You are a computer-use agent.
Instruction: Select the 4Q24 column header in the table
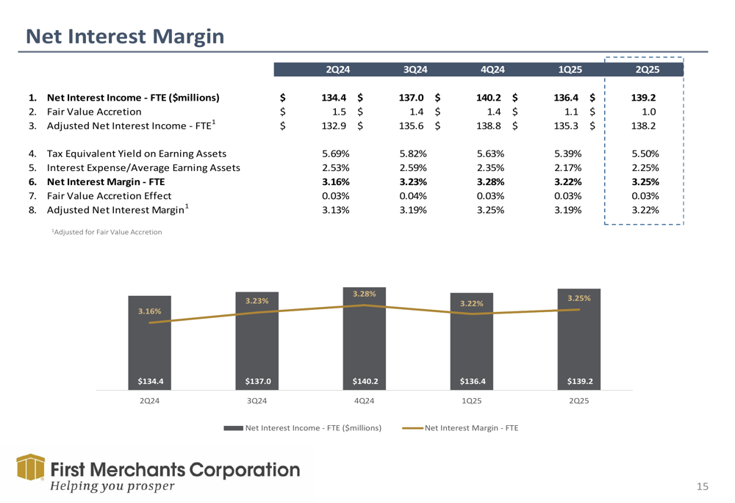click(492, 70)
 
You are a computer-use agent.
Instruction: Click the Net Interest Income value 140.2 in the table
click(490, 98)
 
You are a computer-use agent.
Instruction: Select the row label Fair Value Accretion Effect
click(109, 196)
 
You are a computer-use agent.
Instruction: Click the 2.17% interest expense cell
click(568, 168)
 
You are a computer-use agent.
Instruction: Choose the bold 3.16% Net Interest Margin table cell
click(335, 182)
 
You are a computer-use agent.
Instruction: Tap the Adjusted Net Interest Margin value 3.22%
click(645, 210)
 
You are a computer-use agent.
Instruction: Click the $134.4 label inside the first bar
click(150, 381)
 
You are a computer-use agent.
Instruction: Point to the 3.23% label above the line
click(257, 300)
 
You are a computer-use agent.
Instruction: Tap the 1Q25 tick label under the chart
click(472, 401)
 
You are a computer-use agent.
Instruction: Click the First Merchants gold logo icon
click(30, 467)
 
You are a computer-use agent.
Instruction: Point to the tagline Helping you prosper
click(112, 486)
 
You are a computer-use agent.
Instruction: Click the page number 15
click(703, 486)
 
